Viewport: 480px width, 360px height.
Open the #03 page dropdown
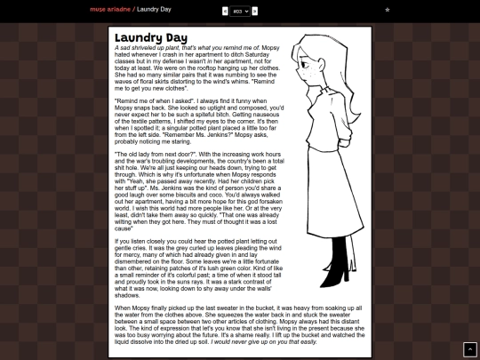239,11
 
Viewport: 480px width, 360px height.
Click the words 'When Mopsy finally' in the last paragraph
144,308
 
